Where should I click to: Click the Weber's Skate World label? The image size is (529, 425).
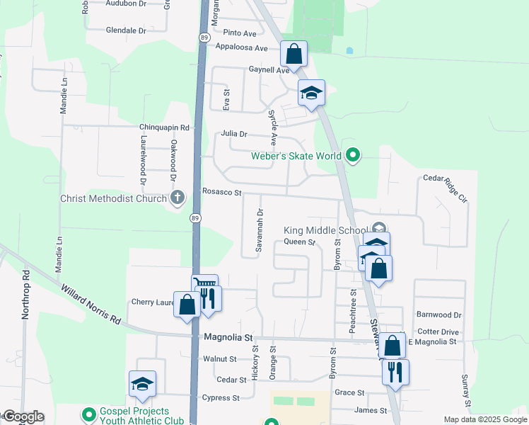click(296, 156)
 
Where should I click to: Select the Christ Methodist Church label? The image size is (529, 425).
click(113, 198)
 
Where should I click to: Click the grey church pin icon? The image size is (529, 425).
click(177, 198)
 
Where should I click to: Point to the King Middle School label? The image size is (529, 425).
click(325, 230)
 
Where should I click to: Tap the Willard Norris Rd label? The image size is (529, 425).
click(91, 305)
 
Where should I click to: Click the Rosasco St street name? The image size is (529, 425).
click(222, 192)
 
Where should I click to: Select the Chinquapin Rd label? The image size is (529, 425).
click(165, 127)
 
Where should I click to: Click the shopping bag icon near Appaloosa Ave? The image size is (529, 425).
click(293, 54)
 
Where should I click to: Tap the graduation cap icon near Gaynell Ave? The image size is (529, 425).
click(311, 93)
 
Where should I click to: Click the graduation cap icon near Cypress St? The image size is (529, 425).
click(142, 383)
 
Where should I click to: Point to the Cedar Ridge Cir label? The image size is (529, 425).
click(446, 189)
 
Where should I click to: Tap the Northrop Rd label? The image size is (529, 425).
click(25, 293)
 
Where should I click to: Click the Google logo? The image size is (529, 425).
click(23, 416)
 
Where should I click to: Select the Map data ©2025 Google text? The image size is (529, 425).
click(484, 419)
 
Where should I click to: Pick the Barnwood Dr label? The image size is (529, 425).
click(438, 314)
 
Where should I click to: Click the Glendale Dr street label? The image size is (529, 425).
click(125, 30)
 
